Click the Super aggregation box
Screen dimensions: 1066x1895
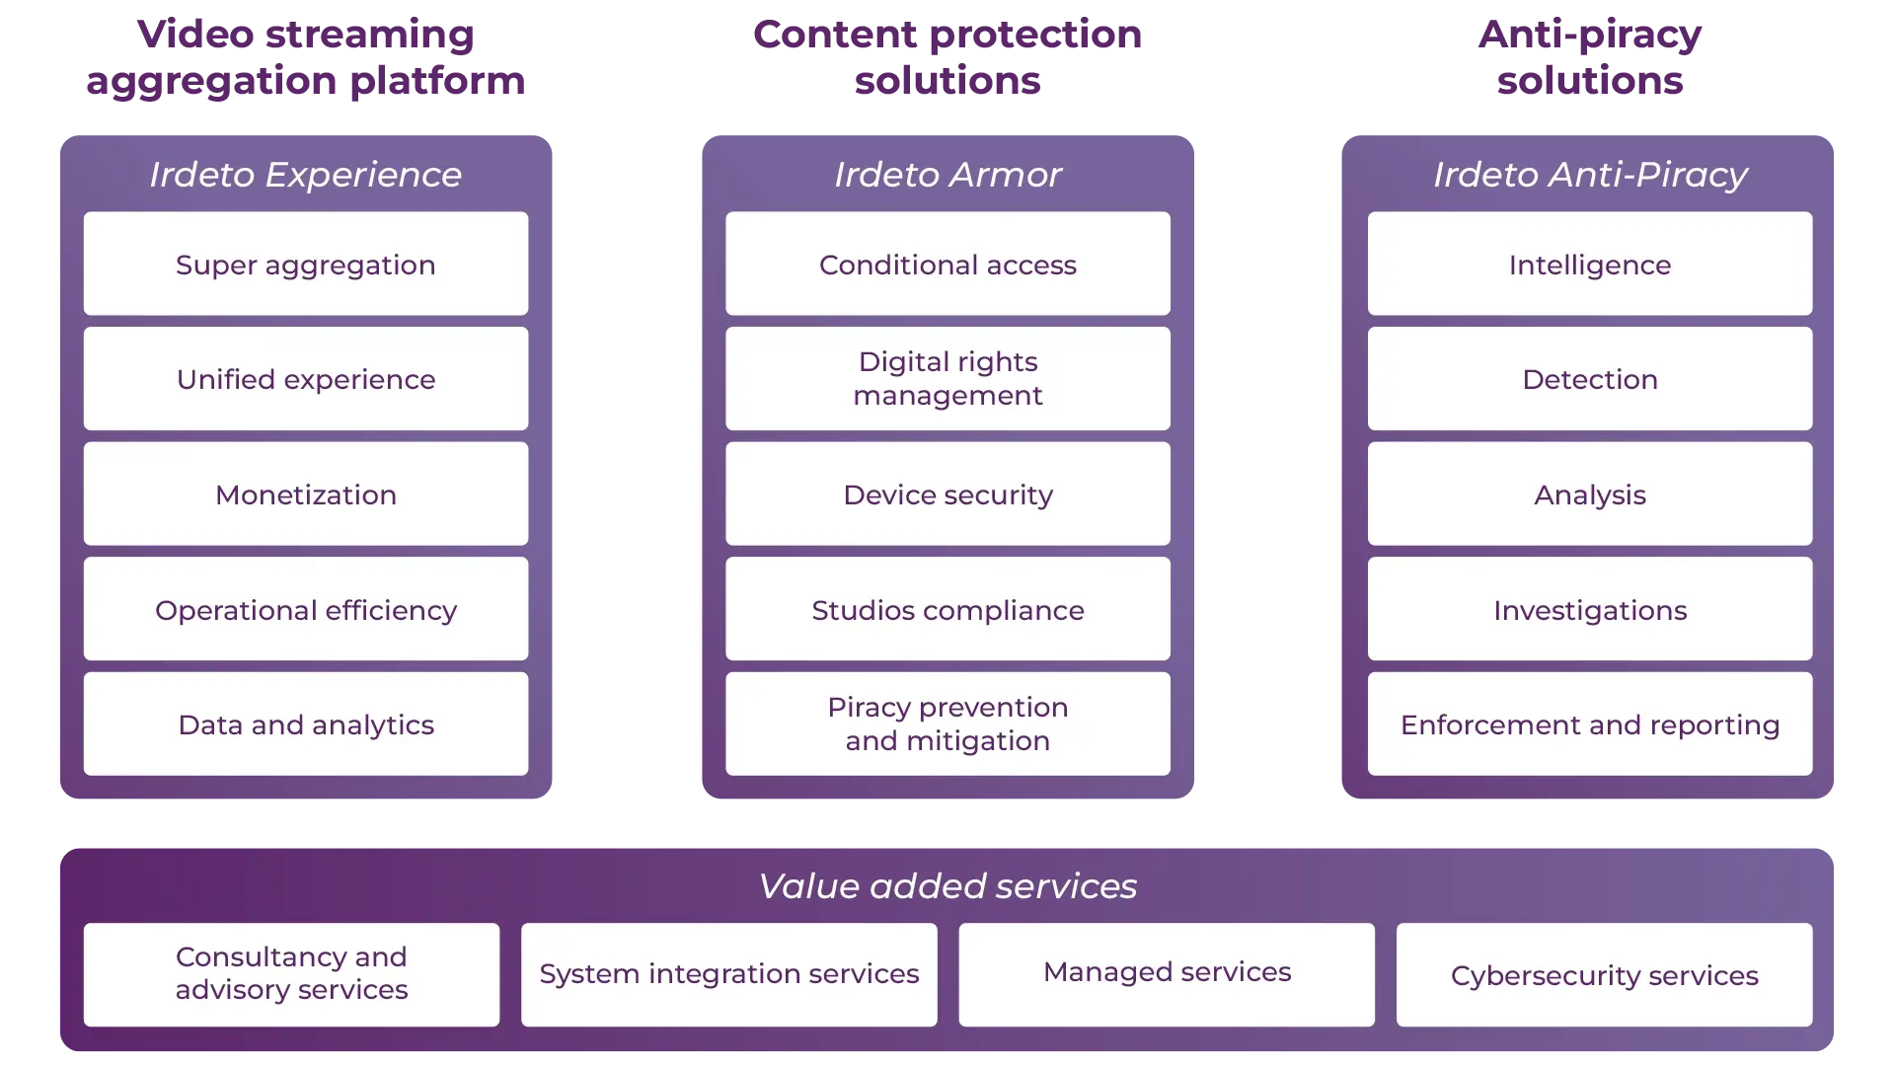point(306,264)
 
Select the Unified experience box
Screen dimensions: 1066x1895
point(306,379)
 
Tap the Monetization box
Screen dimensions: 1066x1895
point(306,494)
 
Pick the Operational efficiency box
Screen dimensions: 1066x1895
point(306,609)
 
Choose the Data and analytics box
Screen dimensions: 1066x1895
point(306,723)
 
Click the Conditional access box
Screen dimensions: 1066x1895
point(947,264)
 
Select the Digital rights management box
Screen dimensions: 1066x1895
point(947,379)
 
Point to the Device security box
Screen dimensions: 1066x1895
point(947,494)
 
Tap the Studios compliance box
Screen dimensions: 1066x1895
point(947,609)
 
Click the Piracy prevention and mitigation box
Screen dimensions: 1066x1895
point(947,723)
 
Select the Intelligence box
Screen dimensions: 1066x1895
point(1589,264)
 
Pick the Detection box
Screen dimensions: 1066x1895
point(1589,379)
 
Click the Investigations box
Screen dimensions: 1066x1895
point(1589,609)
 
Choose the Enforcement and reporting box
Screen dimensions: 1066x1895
point(1589,723)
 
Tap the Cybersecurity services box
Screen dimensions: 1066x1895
point(1604,974)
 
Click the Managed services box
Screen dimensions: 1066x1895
point(1167,974)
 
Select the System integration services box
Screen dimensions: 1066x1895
point(728,974)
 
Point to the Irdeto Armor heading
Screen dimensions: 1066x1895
point(947,175)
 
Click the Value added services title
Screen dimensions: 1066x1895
point(947,885)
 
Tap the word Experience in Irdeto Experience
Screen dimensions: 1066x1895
point(363,175)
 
